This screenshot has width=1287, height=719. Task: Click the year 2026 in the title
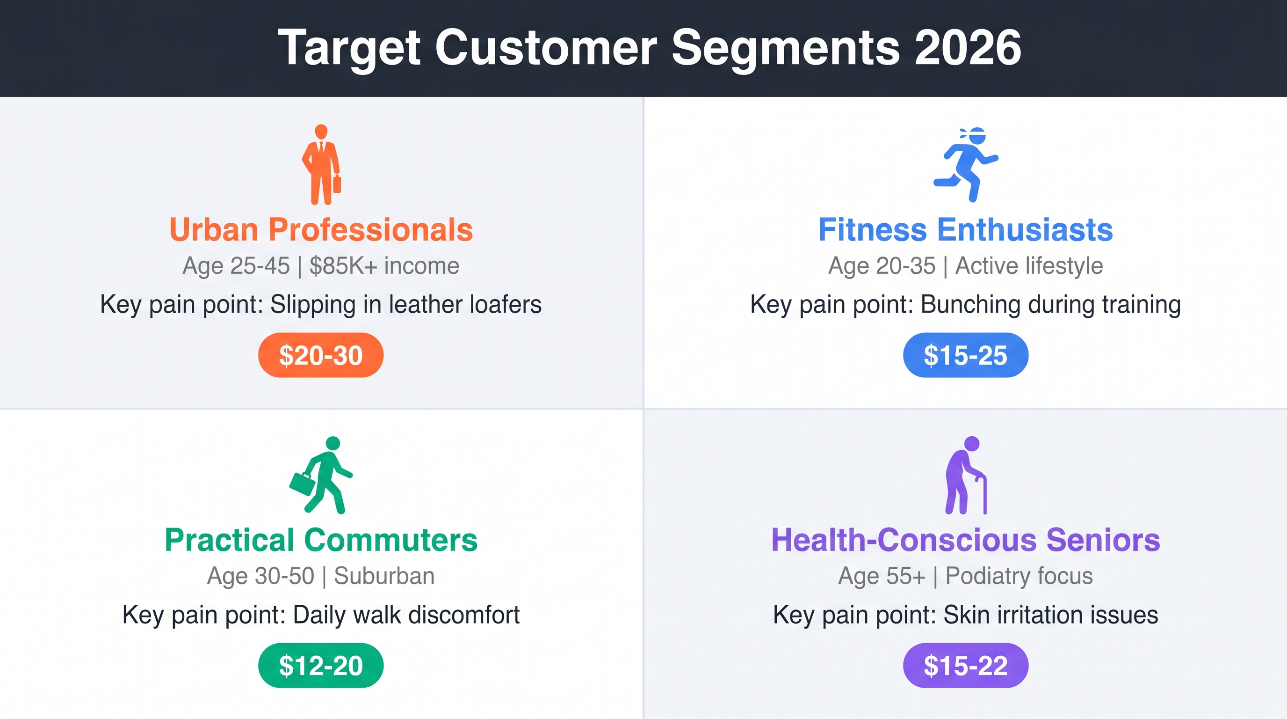(x=968, y=47)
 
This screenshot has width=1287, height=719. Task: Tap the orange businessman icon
(x=321, y=164)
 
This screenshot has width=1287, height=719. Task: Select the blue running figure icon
(x=966, y=164)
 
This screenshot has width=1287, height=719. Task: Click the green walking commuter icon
(x=321, y=475)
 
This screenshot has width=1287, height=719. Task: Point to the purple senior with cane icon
(x=966, y=475)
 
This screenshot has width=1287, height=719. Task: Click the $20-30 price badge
(x=321, y=355)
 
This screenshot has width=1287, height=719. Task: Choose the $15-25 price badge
(x=966, y=355)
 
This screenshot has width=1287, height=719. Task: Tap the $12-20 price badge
(x=321, y=666)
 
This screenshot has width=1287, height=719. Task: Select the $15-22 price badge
(x=966, y=666)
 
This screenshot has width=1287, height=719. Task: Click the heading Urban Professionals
(x=321, y=229)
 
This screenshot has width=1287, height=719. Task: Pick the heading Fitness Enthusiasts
(x=966, y=229)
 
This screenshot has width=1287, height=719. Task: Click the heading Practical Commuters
(x=321, y=540)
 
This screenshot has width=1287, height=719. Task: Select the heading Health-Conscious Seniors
(x=966, y=540)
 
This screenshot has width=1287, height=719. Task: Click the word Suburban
(x=384, y=576)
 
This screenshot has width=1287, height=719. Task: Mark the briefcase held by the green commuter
(x=302, y=484)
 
